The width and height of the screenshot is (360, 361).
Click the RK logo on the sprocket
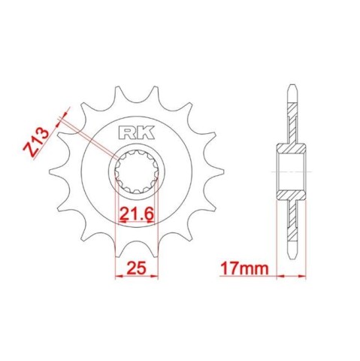pos(136,133)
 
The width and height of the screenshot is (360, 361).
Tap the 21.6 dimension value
pos(136,214)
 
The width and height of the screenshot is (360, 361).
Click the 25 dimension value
pos(137,268)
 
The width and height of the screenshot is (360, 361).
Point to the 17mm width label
pos(244,268)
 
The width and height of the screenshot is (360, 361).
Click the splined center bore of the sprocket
pos(137,172)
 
